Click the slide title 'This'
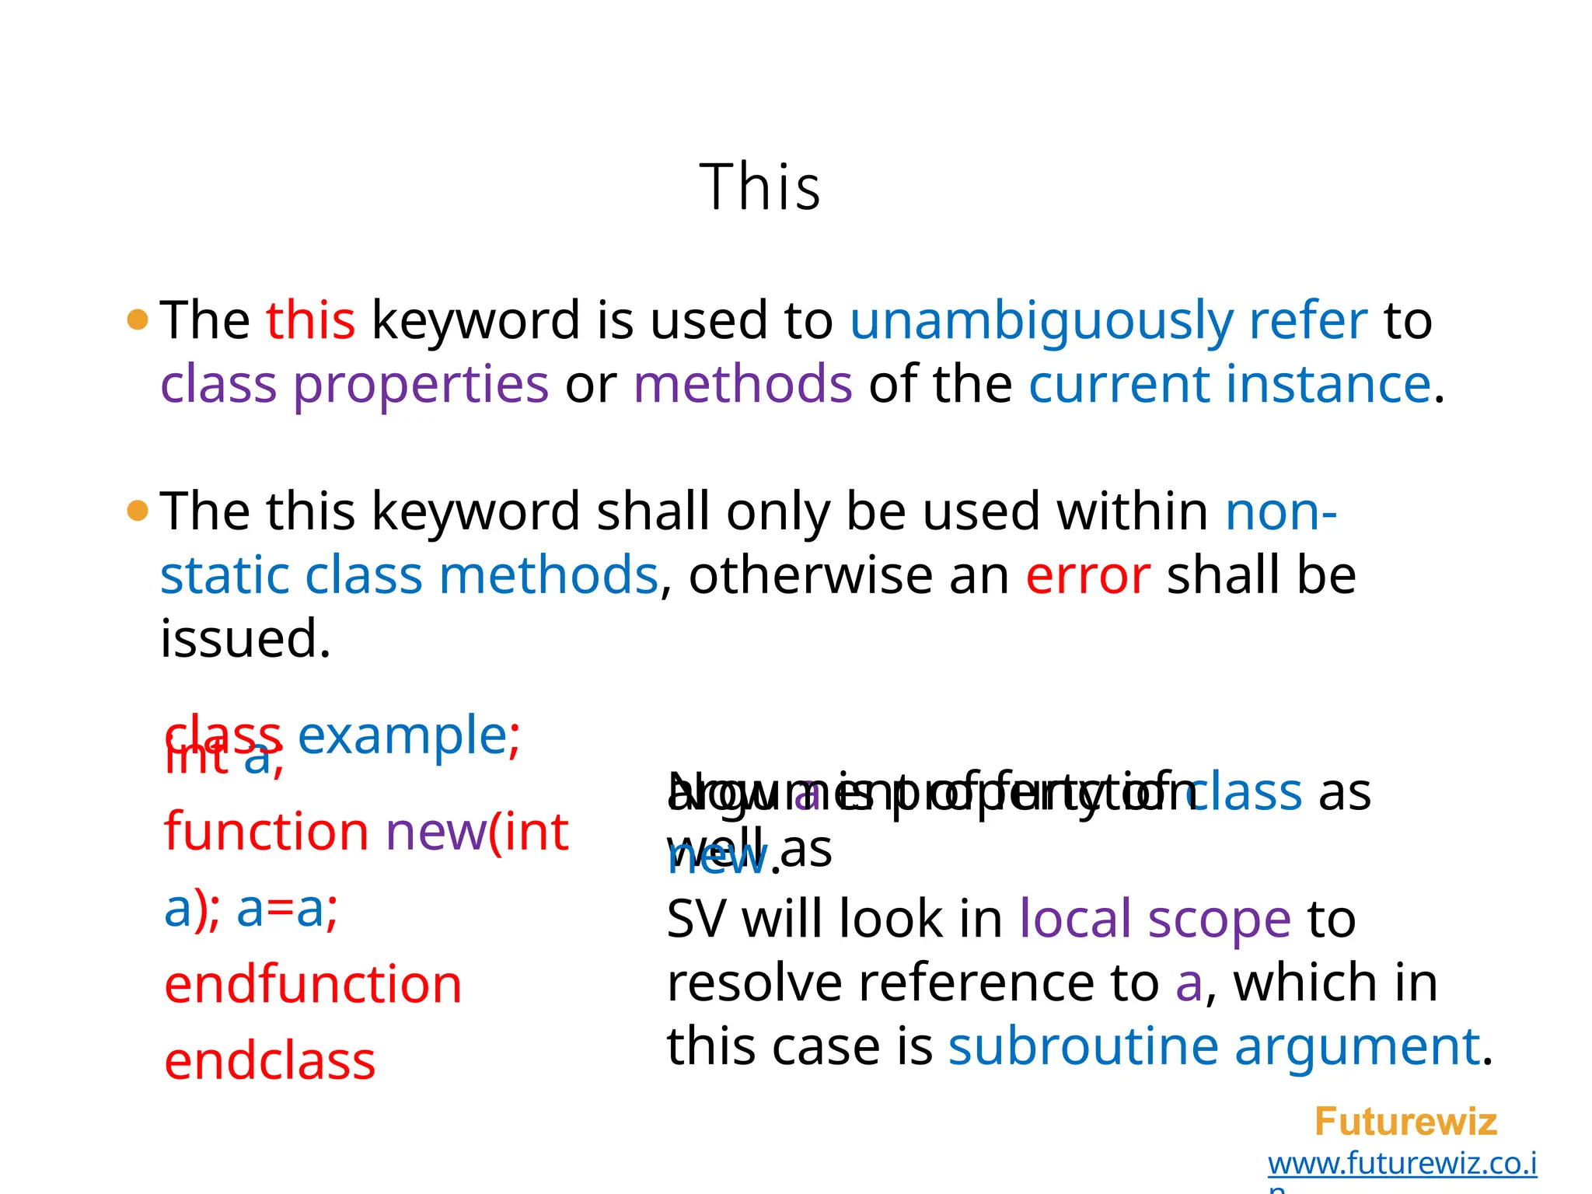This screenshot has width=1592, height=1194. pyautogui.click(x=759, y=187)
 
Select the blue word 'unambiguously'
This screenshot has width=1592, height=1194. pyautogui.click(x=1041, y=321)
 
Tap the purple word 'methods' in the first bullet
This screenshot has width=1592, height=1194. pyautogui.click(x=742, y=384)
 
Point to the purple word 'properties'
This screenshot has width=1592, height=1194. pyautogui.click(x=421, y=386)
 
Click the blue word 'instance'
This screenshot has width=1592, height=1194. pyautogui.click(x=1328, y=384)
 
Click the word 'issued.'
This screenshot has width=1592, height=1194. pyautogui.click(x=246, y=639)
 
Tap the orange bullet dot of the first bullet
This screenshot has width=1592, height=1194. pyautogui.click(x=138, y=319)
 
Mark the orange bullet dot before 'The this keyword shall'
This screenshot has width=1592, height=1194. pyautogui.click(x=138, y=511)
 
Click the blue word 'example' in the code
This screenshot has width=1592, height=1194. pyautogui.click(x=402, y=735)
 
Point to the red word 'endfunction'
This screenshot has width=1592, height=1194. pyautogui.click(x=313, y=984)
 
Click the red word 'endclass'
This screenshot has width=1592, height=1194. pyautogui.click(x=270, y=1061)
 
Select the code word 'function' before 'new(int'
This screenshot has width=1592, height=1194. pyautogui.click(x=266, y=831)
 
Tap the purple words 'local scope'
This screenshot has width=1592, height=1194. pyautogui.click(x=1154, y=919)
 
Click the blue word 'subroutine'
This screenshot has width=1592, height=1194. pyautogui.click(x=1083, y=1046)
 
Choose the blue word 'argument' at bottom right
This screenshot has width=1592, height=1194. pyautogui.click(x=1356, y=1046)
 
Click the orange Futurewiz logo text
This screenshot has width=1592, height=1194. pyautogui.click(x=1405, y=1122)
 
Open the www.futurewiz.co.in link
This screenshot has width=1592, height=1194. pyautogui.click(x=1402, y=1164)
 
